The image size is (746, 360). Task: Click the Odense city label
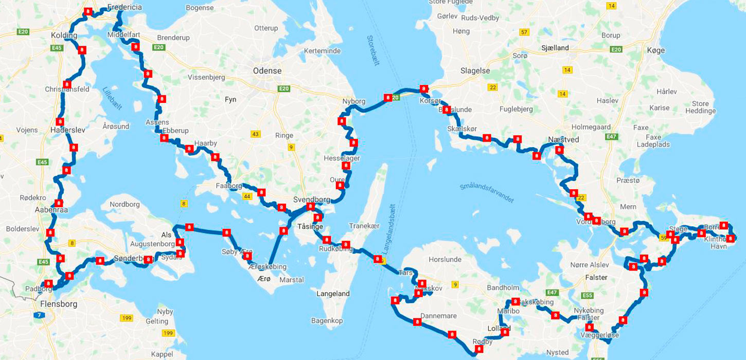[267, 71]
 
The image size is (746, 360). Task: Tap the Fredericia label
[125, 8]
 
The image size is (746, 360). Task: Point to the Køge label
[656, 50]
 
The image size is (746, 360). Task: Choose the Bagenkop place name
[327, 320]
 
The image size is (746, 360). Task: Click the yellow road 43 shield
[256, 134]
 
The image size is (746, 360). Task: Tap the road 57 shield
[524, 32]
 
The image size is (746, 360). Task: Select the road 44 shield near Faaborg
[247, 196]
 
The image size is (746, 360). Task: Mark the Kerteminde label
[322, 51]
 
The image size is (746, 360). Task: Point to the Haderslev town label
[68, 130]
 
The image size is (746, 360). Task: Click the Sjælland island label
[555, 48]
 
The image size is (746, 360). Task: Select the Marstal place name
[291, 280]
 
